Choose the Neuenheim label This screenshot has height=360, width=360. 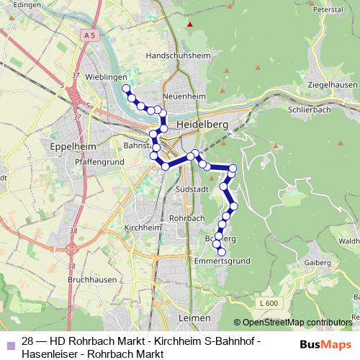click(x=185, y=96)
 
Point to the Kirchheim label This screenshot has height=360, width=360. click(x=142, y=227)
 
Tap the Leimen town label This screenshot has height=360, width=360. click(x=194, y=318)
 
